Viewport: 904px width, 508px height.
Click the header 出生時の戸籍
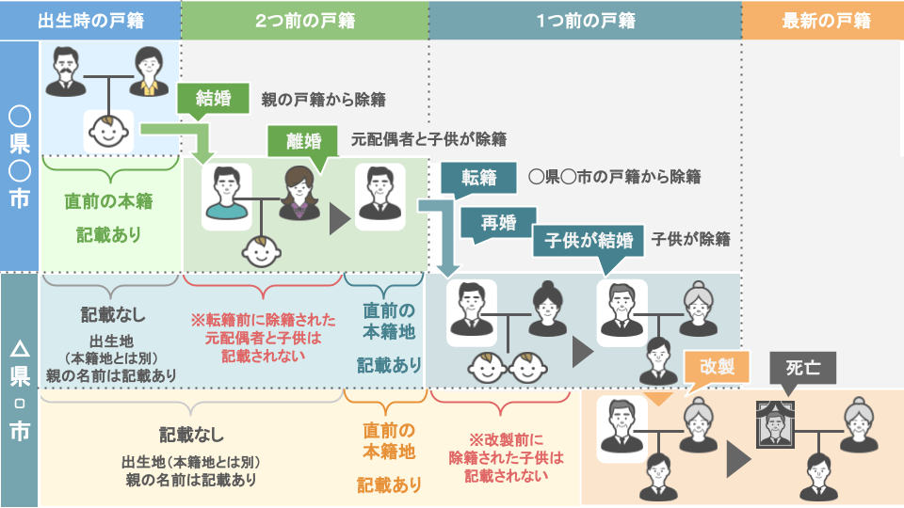pos(91,20)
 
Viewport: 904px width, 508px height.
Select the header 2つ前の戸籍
pos(303,20)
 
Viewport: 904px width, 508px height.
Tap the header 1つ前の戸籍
pos(585,20)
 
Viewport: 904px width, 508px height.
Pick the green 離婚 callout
pos(302,141)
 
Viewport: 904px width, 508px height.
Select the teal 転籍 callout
pos(477,177)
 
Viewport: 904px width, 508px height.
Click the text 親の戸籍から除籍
pos(323,99)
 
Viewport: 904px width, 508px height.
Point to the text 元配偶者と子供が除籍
pos(428,139)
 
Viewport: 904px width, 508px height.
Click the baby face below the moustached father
pos(111,132)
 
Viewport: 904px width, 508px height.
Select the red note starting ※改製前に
pos(506,457)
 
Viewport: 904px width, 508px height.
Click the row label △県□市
pos(19,390)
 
